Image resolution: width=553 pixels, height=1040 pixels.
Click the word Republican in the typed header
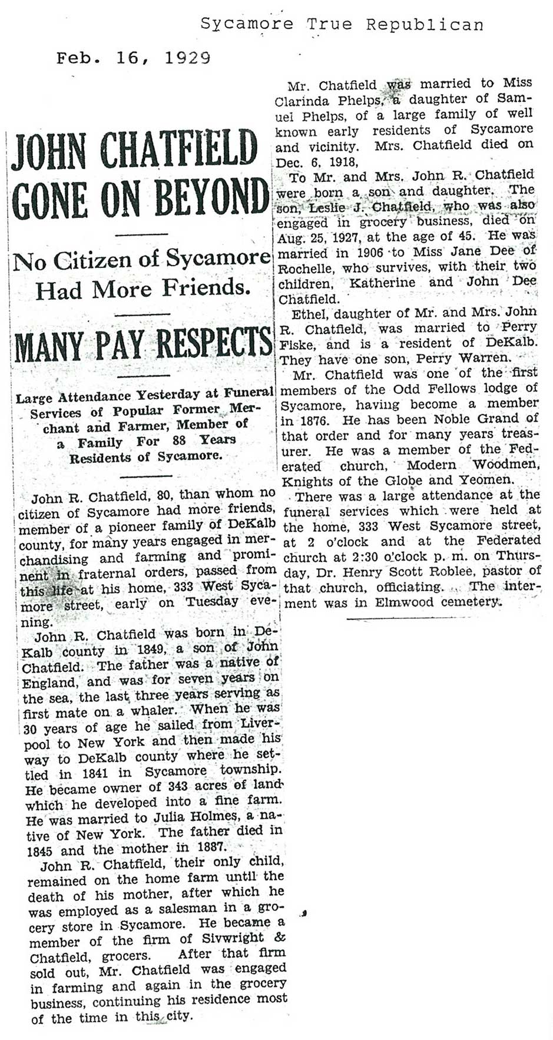click(x=425, y=24)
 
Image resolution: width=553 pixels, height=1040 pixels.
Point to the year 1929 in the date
click(x=188, y=58)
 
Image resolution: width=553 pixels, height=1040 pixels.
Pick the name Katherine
click(x=383, y=282)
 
